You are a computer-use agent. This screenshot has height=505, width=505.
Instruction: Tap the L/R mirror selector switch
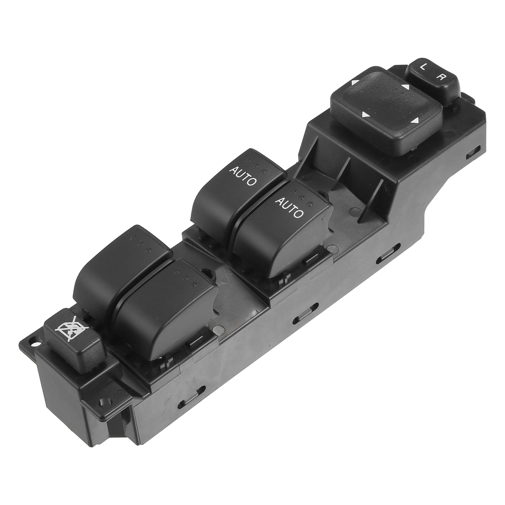pos(434,78)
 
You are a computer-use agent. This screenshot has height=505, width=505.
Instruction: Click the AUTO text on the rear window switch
pos(242,176)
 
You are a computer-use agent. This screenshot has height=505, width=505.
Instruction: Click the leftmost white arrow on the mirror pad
pos(354,83)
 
